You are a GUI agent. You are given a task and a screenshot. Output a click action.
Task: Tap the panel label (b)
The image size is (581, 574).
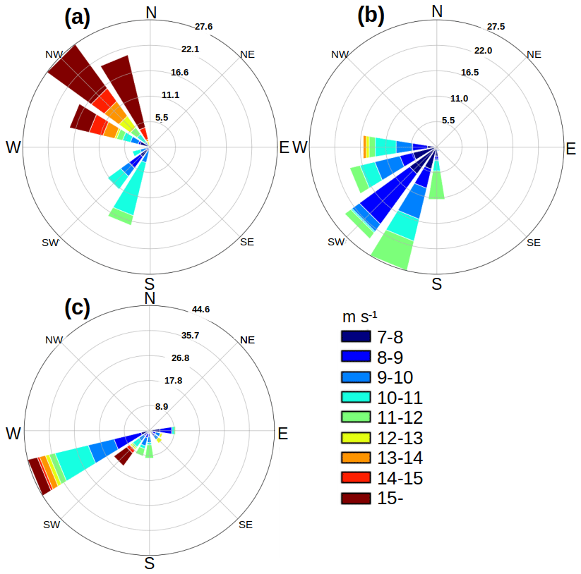point(371,15)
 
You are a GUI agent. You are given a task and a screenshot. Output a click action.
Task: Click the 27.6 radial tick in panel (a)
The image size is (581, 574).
point(204,26)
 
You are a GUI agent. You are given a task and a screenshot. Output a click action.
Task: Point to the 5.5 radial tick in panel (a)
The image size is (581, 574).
point(162,118)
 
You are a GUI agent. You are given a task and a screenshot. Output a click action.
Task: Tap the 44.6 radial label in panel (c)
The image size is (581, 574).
point(201,310)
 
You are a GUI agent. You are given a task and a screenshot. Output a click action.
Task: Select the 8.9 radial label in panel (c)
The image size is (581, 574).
point(162,407)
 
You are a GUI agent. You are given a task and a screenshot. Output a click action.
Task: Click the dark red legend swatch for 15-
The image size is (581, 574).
point(359,499)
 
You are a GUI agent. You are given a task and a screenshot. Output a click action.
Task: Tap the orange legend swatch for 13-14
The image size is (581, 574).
point(359,458)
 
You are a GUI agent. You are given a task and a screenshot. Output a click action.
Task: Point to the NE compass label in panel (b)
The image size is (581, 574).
point(534,54)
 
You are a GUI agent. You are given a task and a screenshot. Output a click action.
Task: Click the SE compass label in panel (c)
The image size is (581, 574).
point(245,525)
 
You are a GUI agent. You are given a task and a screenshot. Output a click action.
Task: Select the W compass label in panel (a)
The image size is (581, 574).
point(13,147)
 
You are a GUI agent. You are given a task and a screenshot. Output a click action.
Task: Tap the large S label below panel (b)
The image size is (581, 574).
point(437,284)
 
